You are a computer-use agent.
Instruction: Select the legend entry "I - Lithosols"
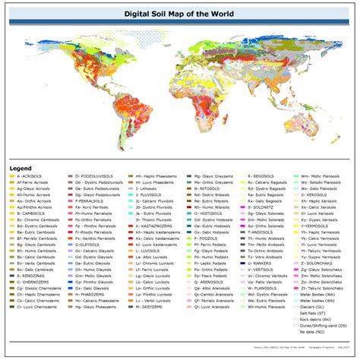[151, 189]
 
